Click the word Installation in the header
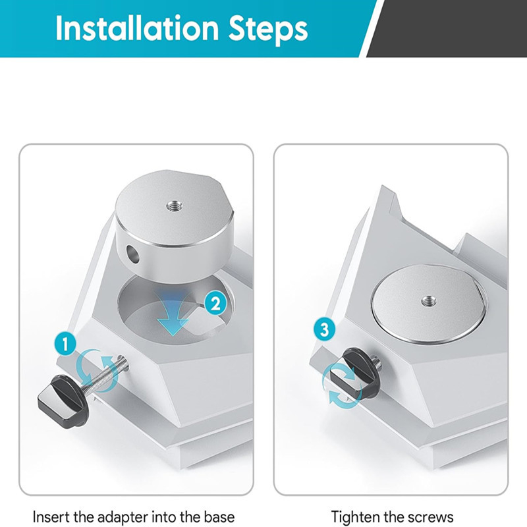[137, 28]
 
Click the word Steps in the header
[268, 30]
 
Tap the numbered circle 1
[65, 343]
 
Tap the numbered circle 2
[215, 304]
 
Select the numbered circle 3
[324, 329]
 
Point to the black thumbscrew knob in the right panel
[350, 373]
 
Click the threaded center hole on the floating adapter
[175, 206]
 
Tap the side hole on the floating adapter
[134, 254]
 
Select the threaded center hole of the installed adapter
[429, 300]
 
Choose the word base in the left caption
[219, 516]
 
